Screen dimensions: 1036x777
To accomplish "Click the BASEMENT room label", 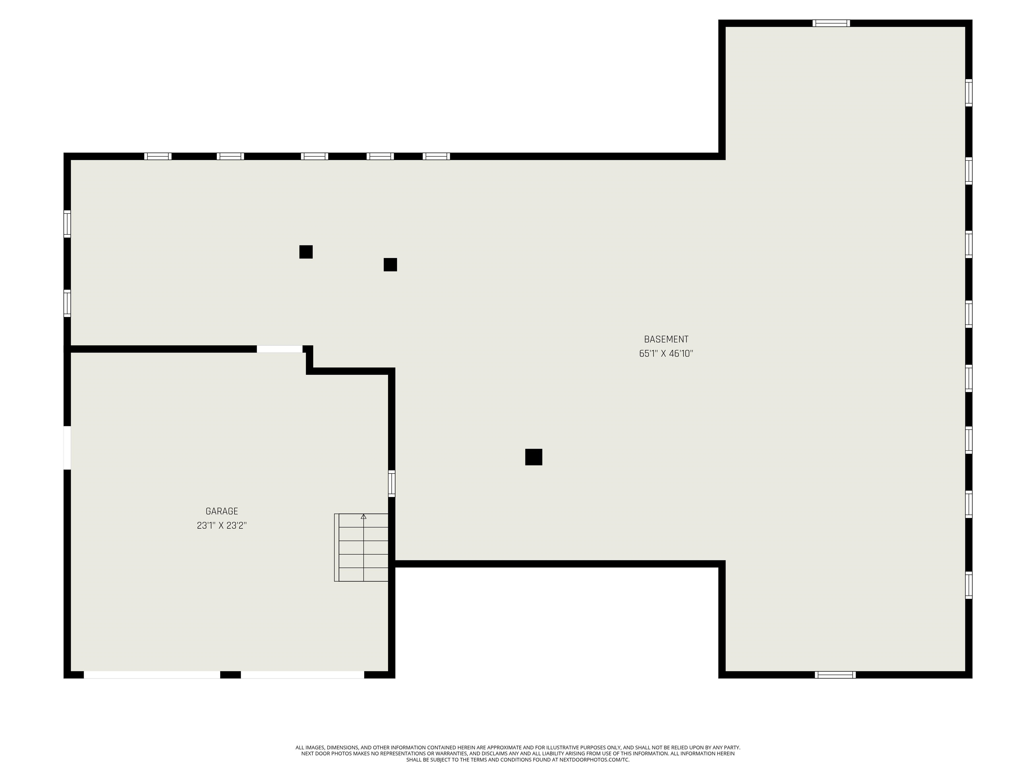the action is pyautogui.click(x=666, y=339).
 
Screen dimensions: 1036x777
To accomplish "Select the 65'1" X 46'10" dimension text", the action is pyautogui.click(x=666, y=354).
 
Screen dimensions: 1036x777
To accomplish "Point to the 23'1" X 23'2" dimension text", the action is pyautogui.click(x=222, y=525).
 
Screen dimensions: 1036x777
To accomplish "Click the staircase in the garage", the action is pyautogui.click(x=361, y=547).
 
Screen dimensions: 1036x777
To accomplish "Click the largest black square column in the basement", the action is pyautogui.click(x=534, y=457).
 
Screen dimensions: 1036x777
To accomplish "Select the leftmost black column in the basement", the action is pyautogui.click(x=306, y=252).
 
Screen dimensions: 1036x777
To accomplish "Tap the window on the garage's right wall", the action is pyautogui.click(x=392, y=483).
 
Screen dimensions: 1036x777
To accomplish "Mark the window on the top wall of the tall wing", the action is pyautogui.click(x=831, y=23).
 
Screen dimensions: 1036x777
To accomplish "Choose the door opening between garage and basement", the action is pyautogui.click(x=280, y=349).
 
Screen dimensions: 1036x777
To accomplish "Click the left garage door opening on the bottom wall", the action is pyautogui.click(x=152, y=674).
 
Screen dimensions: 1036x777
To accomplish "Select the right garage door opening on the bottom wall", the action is pyautogui.click(x=303, y=674).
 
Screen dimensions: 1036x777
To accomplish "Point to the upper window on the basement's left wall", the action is pyautogui.click(x=67, y=224).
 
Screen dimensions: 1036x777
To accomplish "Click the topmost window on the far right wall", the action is pyautogui.click(x=969, y=93).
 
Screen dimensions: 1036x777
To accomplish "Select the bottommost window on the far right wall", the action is pyautogui.click(x=969, y=585).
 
